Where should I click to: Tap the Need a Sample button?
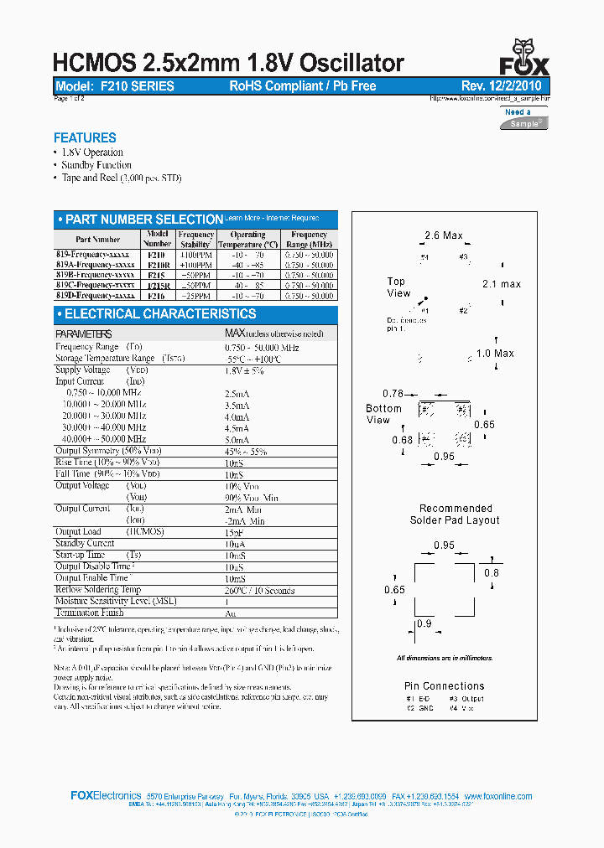tap(524, 117)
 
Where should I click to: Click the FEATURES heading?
tap(85, 138)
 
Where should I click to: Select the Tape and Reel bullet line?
tap(121, 178)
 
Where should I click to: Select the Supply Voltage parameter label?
tap(82, 370)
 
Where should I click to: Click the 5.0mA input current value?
tap(237, 439)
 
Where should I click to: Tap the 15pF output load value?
tap(235, 532)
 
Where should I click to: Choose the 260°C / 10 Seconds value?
tap(260, 591)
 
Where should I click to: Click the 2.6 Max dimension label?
tap(444, 235)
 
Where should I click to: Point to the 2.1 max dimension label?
tap(502, 284)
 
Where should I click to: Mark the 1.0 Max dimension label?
tap(495, 354)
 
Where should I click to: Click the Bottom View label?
tap(383, 414)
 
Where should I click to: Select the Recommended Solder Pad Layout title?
tap(456, 514)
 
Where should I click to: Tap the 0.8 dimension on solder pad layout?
tap(492, 573)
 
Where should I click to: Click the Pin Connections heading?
tap(445, 685)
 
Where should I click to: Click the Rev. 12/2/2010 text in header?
tap(501, 86)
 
